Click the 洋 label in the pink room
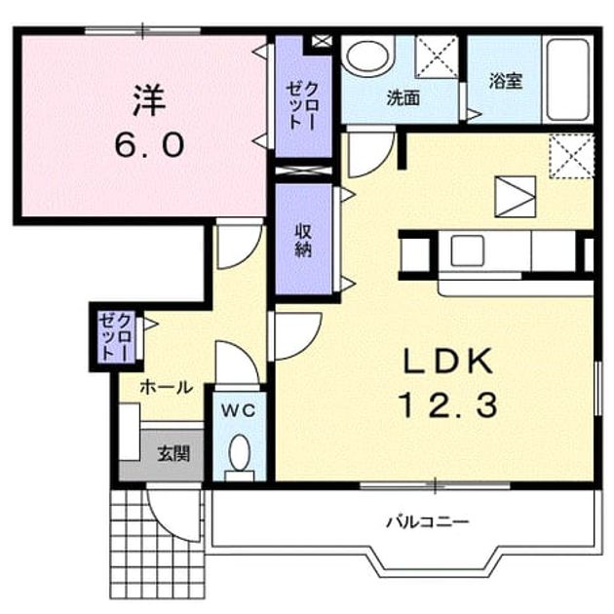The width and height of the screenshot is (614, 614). [x=149, y=101]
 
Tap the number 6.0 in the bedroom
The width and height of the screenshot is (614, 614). [x=149, y=144]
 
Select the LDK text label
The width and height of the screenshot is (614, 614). [x=448, y=361]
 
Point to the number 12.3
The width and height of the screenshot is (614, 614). [x=448, y=404]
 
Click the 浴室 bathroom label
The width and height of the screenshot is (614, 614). [x=505, y=81]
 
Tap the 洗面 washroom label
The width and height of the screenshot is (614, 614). [x=403, y=97]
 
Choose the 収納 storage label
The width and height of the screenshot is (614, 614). [x=303, y=241]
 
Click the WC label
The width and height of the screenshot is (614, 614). [x=239, y=410]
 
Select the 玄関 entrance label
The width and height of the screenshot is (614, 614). [x=173, y=453]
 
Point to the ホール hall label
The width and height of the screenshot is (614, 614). [x=167, y=387]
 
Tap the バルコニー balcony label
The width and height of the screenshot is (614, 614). [x=428, y=521]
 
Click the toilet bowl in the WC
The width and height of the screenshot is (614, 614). [x=240, y=458]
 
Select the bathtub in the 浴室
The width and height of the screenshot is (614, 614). [x=568, y=80]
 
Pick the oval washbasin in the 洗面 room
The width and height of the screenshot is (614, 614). [x=367, y=58]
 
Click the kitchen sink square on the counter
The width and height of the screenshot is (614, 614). [x=467, y=251]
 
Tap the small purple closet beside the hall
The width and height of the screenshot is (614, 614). [x=116, y=336]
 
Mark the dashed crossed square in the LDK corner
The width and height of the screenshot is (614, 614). [x=571, y=156]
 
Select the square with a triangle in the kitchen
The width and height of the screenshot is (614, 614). [x=515, y=197]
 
